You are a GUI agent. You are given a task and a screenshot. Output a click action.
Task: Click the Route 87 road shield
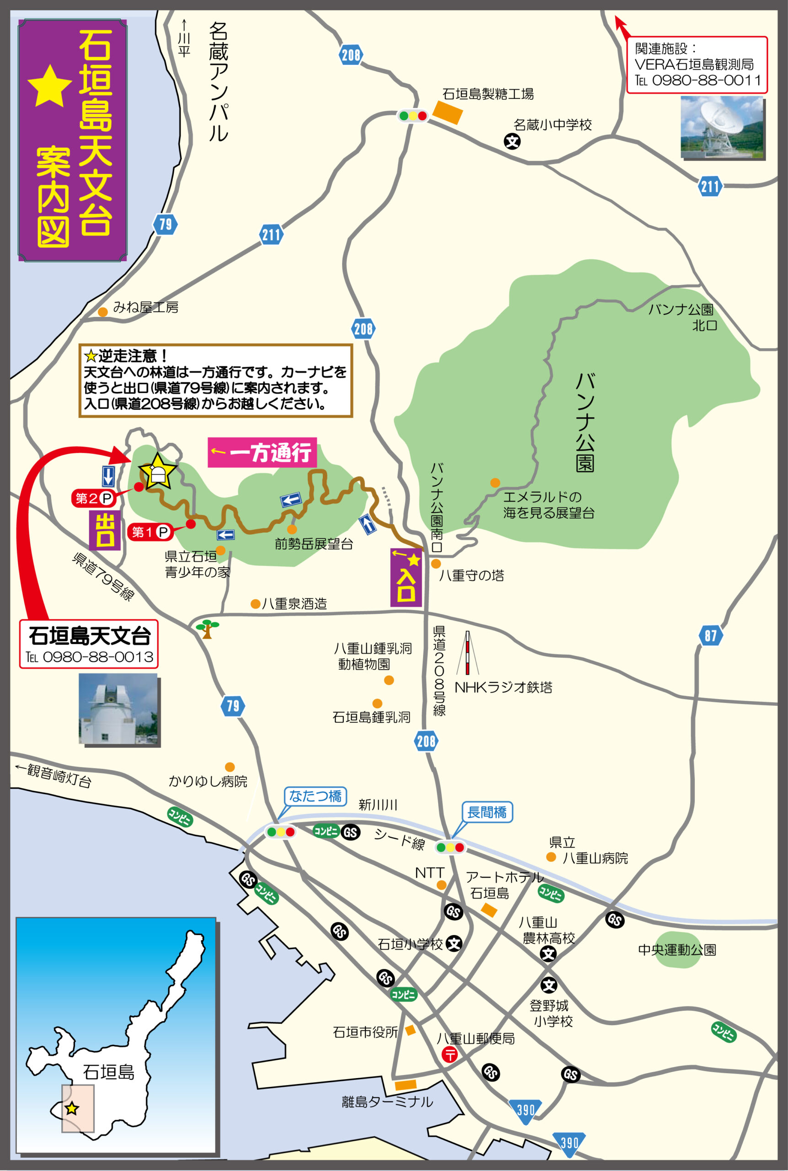(x=710, y=635)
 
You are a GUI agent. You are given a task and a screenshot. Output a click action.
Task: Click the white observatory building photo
(x=118, y=709)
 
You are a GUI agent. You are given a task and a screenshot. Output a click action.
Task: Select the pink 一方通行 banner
(x=262, y=452)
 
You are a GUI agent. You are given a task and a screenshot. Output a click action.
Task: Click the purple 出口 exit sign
(x=105, y=530)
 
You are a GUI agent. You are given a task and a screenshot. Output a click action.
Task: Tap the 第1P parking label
(x=150, y=532)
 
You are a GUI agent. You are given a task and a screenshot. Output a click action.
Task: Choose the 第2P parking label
(x=93, y=498)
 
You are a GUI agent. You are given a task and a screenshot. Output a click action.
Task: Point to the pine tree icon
(x=207, y=628)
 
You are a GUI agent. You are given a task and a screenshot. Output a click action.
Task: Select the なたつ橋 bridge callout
(x=315, y=795)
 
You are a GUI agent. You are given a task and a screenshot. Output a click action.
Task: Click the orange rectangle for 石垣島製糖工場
(x=447, y=113)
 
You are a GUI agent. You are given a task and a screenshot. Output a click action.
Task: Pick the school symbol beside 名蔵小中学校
(x=512, y=141)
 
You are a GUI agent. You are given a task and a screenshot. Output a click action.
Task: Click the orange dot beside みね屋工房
(x=102, y=312)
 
